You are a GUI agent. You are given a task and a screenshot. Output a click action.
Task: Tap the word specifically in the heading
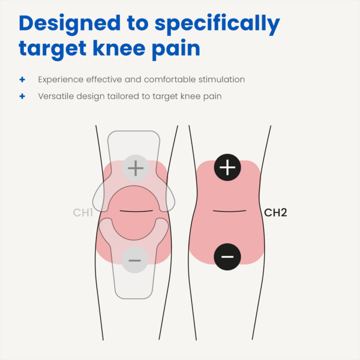(x=217, y=25)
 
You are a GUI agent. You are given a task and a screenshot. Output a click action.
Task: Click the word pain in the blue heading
(x=176, y=50)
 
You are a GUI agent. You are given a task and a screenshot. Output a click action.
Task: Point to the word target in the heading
(x=53, y=50)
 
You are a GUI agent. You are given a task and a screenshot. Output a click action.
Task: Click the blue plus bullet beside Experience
(x=22, y=80)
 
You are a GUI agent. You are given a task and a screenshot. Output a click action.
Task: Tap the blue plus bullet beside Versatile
(x=22, y=96)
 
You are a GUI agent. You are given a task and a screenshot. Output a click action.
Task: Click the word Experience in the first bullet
(x=61, y=80)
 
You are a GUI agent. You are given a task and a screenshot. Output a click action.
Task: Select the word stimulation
(x=221, y=79)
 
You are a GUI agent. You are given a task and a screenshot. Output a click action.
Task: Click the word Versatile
(x=56, y=96)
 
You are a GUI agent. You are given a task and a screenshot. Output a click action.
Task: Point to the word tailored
(x=123, y=96)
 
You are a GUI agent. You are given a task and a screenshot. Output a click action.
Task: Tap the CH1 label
(x=83, y=212)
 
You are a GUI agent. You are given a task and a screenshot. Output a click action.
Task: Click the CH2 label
(x=275, y=212)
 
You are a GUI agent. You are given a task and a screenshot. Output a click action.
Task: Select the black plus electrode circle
(x=227, y=167)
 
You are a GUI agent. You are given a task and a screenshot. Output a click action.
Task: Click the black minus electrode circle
(x=227, y=257)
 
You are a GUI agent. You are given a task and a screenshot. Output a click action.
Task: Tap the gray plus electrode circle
(x=136, y=168)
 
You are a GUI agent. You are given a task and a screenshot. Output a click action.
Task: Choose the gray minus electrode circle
(x=135, y=260)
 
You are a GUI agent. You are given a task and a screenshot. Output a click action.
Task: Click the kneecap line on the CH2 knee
(x=229, y=211)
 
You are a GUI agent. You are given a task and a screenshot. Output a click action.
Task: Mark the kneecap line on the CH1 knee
(x=136, y=211)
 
